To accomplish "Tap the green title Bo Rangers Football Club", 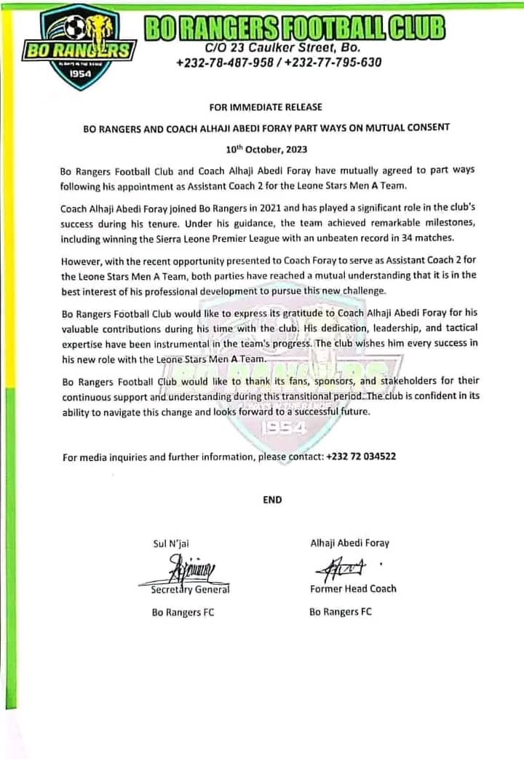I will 294,28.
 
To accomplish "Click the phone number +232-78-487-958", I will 226,62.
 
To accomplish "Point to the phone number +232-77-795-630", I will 334,62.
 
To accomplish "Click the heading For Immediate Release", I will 266,107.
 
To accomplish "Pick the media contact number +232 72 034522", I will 362,457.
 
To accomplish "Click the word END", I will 272,500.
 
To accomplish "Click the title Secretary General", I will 190,589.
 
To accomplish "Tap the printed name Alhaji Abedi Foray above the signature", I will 349,543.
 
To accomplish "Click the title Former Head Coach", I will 352,589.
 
